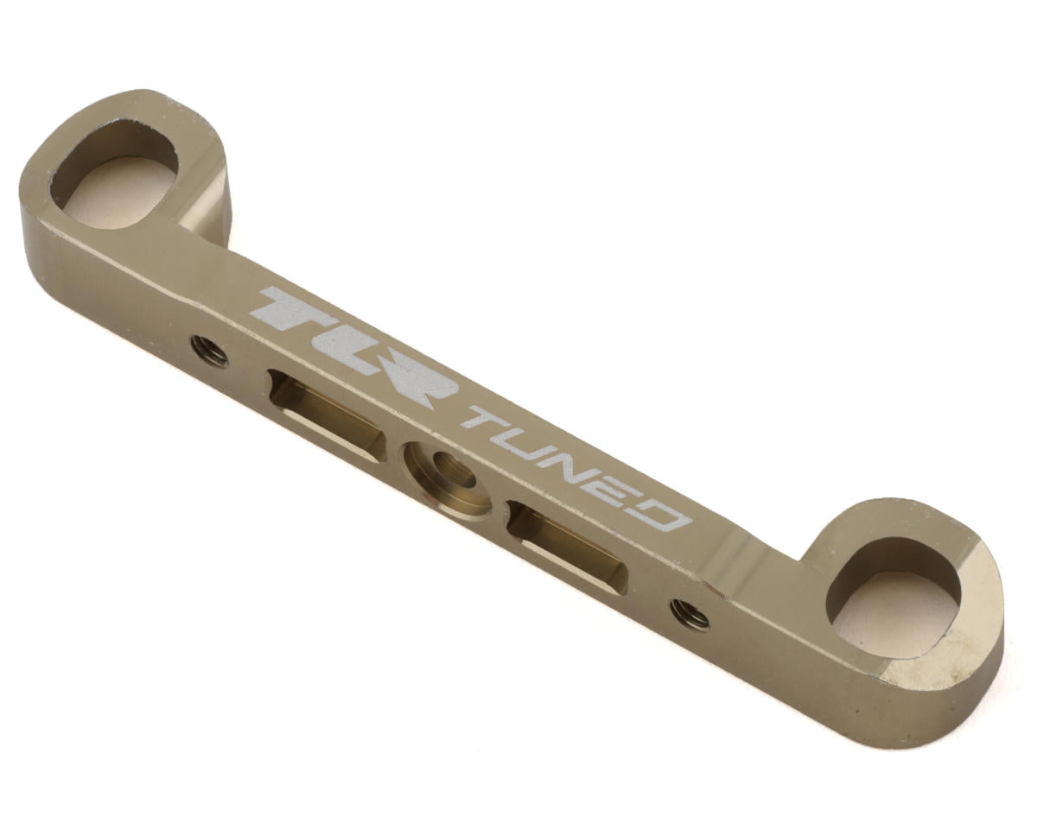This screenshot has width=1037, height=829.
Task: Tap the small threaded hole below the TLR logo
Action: tap(210, 351)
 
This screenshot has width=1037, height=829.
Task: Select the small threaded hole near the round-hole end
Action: tap(690, 613)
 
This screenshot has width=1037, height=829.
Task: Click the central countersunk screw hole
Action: tap(448, 479)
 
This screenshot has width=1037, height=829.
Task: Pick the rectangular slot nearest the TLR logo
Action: tap(327, 415)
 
